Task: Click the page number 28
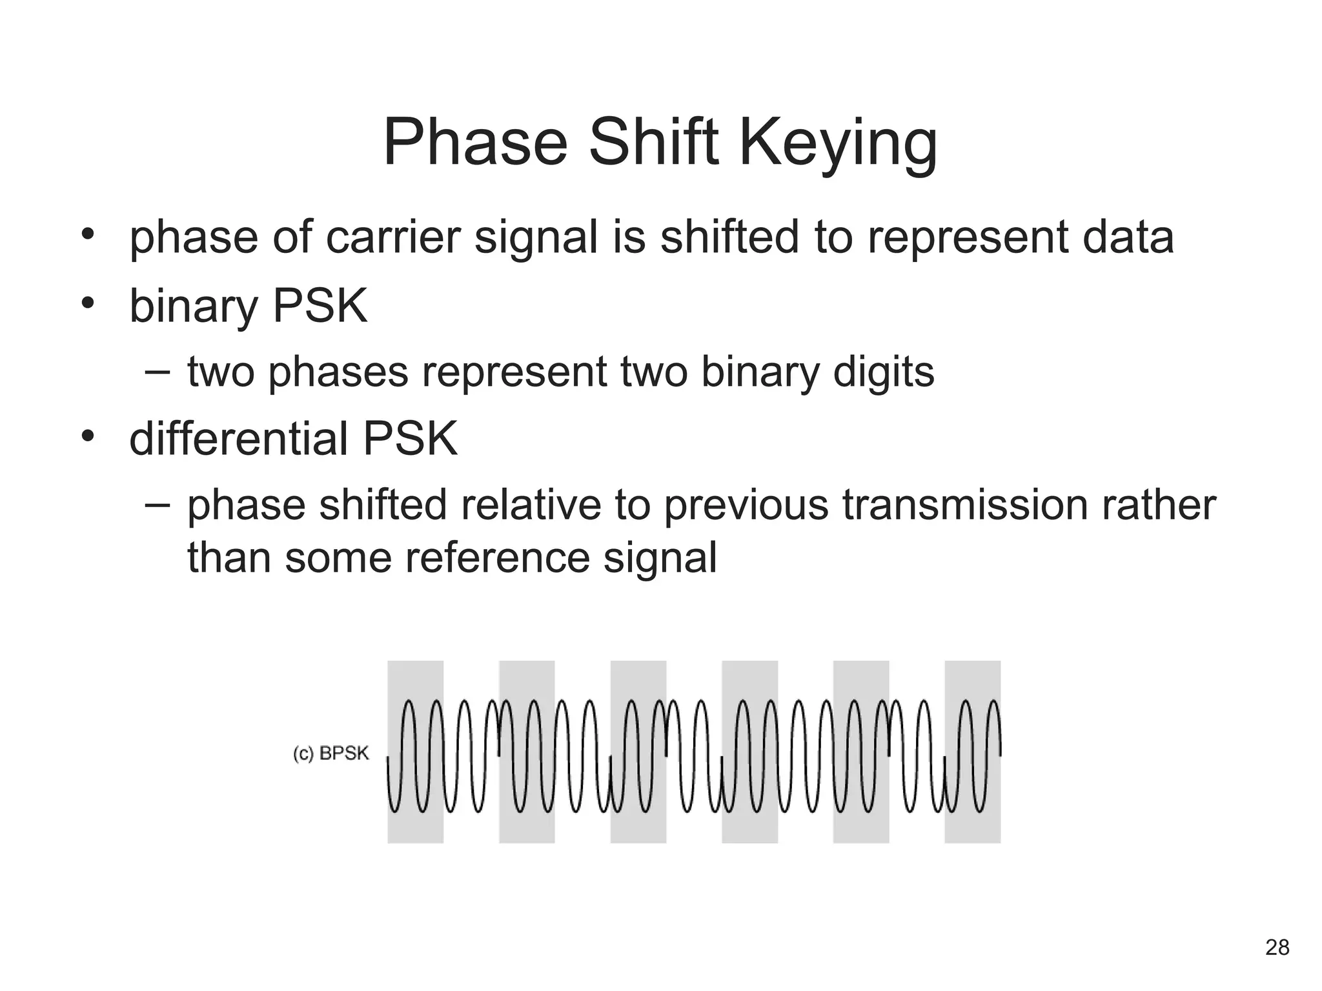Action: [x=1277, y=947]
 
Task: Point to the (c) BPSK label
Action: [x=330, y=754]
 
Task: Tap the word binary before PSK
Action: [x=193, y=306]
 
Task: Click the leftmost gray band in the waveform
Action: [x=415, y=752]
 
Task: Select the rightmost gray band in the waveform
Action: [x=972, y=752]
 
